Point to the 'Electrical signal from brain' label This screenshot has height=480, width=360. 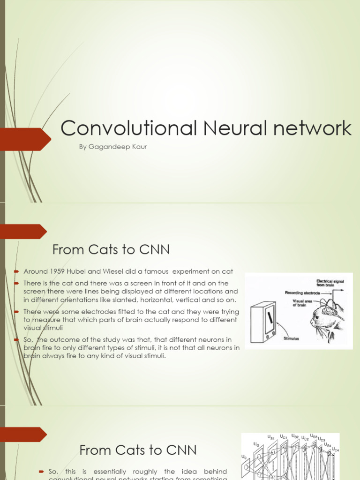[x=330, y=283]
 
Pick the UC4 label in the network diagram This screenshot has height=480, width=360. [x=335, y=450]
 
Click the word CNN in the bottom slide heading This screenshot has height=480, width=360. [x=180, y=450]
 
